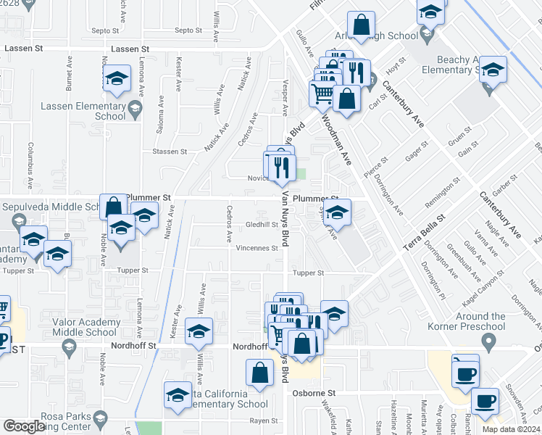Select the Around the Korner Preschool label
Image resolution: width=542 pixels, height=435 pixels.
point(480,321)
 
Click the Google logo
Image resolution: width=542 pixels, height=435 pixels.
point(25,426)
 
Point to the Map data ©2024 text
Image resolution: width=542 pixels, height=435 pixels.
point(512,428)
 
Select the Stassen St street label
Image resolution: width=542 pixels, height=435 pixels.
point(170,152)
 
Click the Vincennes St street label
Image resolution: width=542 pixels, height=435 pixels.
point(257,248)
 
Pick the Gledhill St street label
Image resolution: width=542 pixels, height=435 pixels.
point(262,225)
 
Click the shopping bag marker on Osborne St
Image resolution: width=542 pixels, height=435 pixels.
point(260,373)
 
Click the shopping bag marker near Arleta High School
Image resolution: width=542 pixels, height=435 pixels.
point(360,26)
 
